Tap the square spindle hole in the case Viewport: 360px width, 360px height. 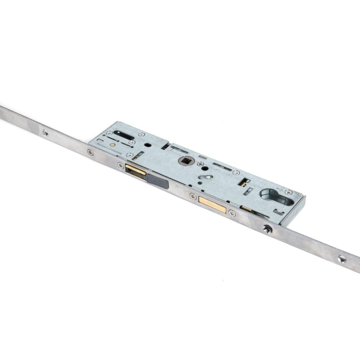click(186, 161)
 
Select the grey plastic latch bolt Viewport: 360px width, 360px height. click(158, 182)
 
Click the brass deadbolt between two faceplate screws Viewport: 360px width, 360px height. click(212, 204)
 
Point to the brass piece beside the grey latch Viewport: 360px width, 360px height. click(135, 171)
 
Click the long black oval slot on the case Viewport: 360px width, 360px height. click(124, 135)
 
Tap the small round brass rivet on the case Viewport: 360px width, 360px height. click(113, 145)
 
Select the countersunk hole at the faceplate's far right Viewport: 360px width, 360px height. click(342, 259)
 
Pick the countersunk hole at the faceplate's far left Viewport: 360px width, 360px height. click(45, 133)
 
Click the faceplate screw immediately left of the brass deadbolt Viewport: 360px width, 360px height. click(193, 196)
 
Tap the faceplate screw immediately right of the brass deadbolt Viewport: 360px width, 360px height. click(232, 213)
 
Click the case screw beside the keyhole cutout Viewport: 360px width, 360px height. click(288, 192)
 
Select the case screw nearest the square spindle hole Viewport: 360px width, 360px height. click(201, 164)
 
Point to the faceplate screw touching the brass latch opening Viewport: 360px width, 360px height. click(121, 165)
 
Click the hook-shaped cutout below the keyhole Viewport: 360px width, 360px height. click(278, 211)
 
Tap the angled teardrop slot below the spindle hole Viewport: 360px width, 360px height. click(205, 177)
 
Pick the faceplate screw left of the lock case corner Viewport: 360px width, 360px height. click(90, 152)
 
